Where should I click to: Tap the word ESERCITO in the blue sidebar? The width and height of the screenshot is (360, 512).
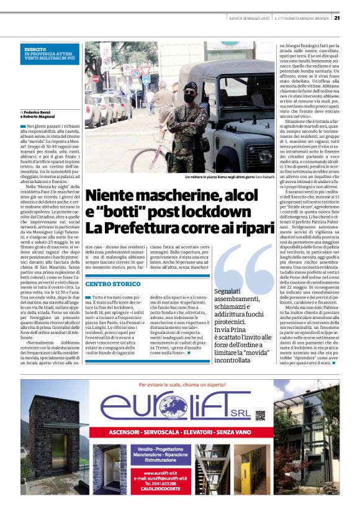pos(35,48)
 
